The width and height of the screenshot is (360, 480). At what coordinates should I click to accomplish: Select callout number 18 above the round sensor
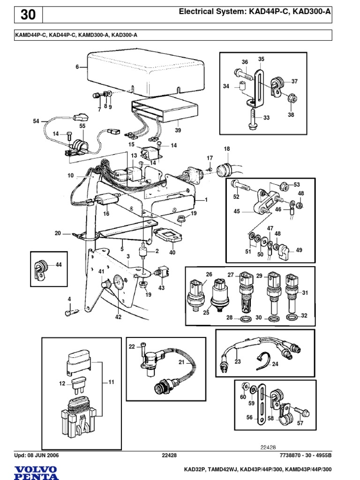pos(227,149)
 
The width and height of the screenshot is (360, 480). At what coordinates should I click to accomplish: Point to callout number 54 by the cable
pos(37,121)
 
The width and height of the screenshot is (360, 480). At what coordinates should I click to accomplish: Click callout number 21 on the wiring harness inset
pos(181,362)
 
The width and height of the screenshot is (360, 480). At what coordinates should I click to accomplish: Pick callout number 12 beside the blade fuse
pos(61,383)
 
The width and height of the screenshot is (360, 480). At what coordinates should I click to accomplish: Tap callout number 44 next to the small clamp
pos(59,265)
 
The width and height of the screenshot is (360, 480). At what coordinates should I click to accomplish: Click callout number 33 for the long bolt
pos(267,118)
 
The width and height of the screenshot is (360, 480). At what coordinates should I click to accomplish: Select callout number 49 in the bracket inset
pos(299,250)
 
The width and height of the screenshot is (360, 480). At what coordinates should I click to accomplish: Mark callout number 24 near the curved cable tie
pos(275,364)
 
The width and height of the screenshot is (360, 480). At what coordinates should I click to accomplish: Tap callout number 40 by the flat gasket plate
pos(172,253)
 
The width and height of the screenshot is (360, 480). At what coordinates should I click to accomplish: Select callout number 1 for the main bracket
pos(205,200)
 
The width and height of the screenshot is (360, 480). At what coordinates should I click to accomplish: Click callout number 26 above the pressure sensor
pos(209,275)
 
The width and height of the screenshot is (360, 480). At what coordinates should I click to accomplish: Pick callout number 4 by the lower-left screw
pos(69,299)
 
